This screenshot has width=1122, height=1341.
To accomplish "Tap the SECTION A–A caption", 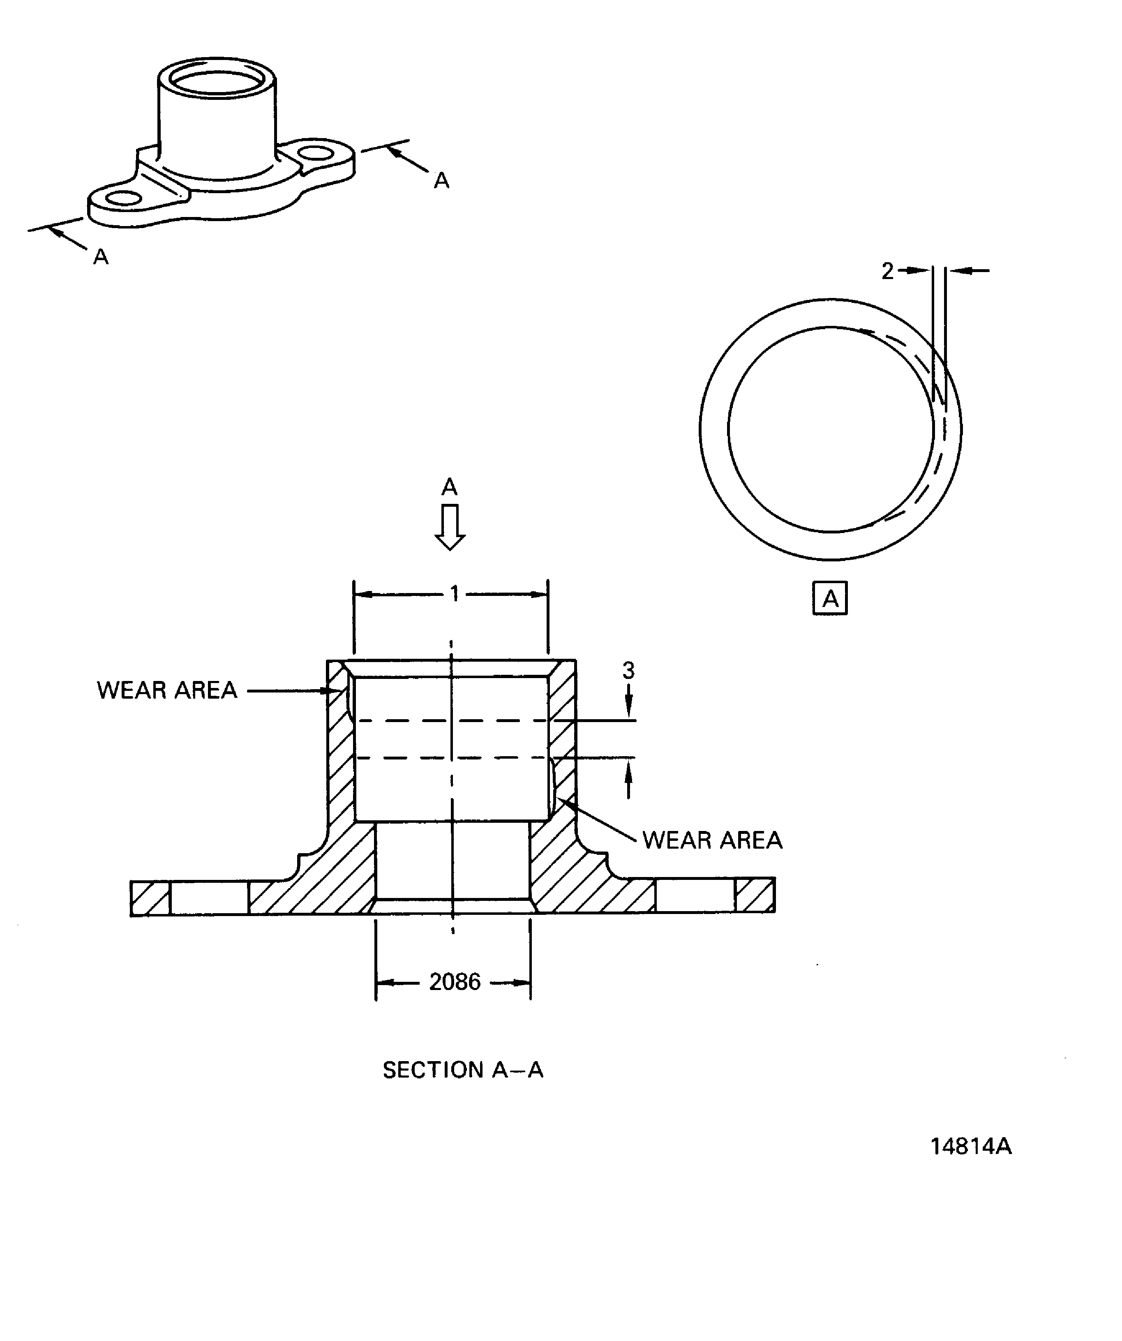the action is coord(463,1070).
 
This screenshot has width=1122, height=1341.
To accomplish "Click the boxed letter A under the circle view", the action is coord(830,598).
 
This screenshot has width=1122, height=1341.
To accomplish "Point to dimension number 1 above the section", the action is coord(454,594).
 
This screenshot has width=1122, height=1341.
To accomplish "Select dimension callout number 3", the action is coord(628,671).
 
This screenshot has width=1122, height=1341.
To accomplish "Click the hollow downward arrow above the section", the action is coord(450,527).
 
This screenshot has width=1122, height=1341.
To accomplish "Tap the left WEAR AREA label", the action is coord(167,690).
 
